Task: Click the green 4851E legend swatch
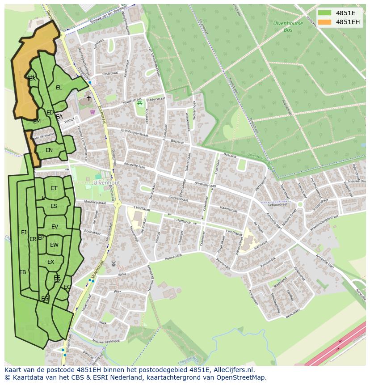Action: coord(325,13)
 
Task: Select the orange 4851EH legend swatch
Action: coord(325,22)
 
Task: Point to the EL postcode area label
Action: coord(59,88)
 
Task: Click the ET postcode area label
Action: coord(54,188)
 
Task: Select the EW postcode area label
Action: coord(54,245)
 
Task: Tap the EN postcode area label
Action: coord(49,150)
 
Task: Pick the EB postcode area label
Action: coord(23,272)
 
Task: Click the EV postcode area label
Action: coord(55,227)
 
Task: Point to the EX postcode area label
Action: coord(51,262)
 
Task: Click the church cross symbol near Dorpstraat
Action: coord(88,98)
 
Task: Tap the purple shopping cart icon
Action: coord(92,112)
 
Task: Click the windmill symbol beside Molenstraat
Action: coord(113,264)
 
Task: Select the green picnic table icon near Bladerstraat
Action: coord(140,104)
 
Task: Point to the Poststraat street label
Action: coord(109,74)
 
